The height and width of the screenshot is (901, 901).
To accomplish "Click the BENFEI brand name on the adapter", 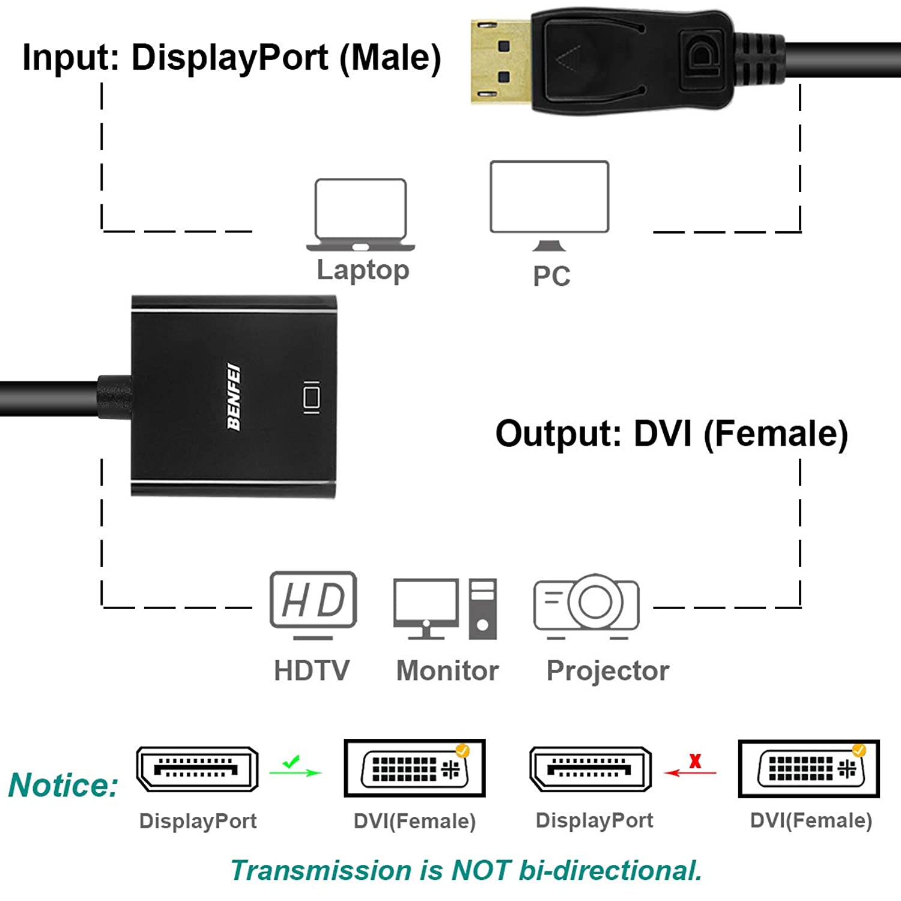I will click(x=234, y=396).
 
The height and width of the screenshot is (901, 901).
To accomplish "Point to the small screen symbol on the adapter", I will click(x=311, y=397).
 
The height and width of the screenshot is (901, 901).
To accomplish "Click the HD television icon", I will click(x=313, y=604).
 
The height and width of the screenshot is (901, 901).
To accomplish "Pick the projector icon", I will click(x=586, y=605).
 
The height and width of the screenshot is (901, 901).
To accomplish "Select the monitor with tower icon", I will click(x=445, y=608).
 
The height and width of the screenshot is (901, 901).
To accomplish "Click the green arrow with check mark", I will click(x=295, y=767).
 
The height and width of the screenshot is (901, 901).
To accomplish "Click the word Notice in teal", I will click(x=64, y=785).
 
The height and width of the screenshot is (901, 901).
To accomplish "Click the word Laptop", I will click(x=363, y=270).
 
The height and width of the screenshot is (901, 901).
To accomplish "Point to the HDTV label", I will click(x=311, y=670).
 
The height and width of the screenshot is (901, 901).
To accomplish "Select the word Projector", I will click(x=607, y=670).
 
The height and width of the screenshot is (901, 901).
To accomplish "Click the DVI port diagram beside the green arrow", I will click(x=414, y=768).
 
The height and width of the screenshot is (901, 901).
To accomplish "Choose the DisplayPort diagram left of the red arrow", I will click(x=590, y=769).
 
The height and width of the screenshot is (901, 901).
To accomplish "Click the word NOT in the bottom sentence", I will click(x=481, y=870).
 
